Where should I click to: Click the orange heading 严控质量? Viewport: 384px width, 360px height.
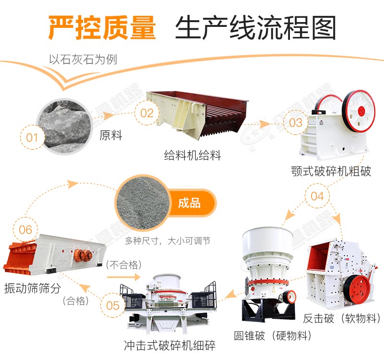(x=102, y=27)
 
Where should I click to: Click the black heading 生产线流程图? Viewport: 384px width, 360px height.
(x=255, y=27)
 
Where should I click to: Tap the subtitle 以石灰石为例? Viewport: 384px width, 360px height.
(x=83, y=60)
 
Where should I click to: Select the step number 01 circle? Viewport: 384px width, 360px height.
(x=32, y=138)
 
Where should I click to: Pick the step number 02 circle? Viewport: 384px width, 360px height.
(x=146, y=113)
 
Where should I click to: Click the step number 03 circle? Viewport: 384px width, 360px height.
(x=296, y=122)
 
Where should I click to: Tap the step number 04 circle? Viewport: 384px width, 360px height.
(x=317, y=196)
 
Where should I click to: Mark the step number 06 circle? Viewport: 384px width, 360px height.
(x=25, y=229)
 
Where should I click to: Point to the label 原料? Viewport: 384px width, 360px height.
(x=111, y=135)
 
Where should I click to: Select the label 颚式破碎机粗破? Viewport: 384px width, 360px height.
(x=331, y=171)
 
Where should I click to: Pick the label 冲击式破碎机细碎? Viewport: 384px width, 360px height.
(x=169, y=345)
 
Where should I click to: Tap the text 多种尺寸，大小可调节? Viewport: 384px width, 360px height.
(x=168, y=241)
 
